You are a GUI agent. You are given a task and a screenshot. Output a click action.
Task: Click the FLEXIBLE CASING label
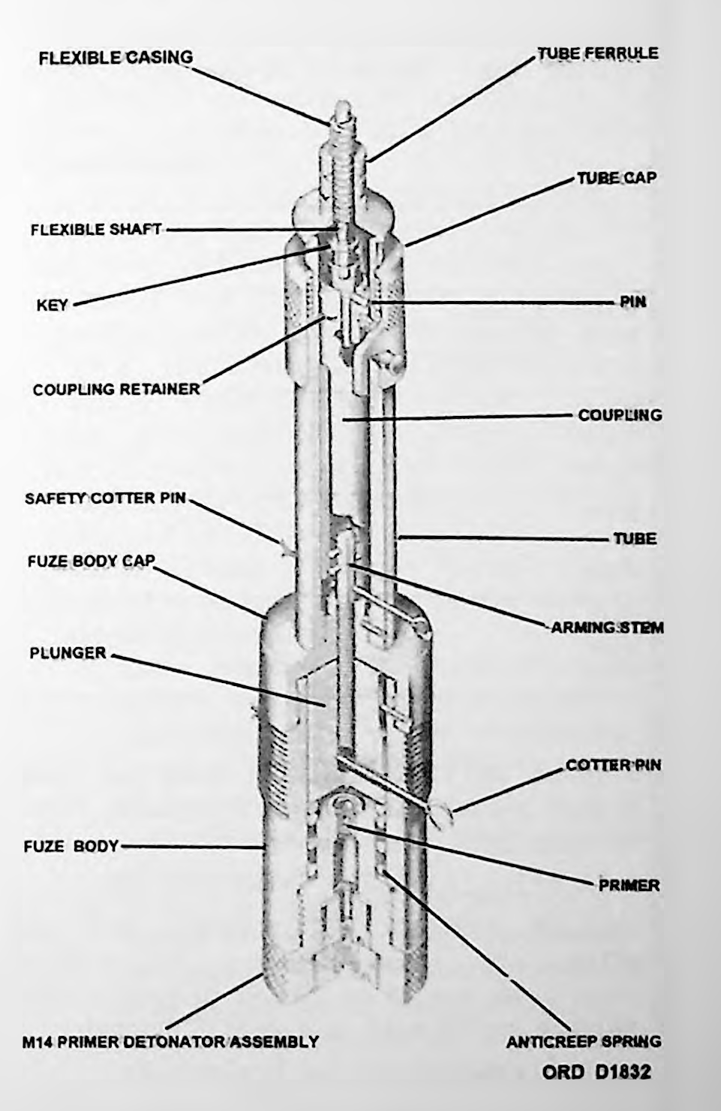click(116, 58)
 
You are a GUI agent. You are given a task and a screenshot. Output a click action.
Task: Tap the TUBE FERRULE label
click(598, 53)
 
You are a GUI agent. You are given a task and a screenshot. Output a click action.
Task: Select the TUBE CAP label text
click(617, 178)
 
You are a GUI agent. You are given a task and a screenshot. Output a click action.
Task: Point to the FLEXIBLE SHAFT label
click(96, 230)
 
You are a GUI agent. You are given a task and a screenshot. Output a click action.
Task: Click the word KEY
click(52, 305)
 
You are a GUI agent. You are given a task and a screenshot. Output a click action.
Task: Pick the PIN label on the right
click(632, 302)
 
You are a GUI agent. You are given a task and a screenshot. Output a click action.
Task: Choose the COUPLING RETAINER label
click(116, 390)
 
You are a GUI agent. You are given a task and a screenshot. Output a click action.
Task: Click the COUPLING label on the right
click(620, 414)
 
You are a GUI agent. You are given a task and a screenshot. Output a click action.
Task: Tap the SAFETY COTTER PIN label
click(106, 498)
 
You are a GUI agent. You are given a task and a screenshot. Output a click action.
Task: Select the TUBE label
click(635, 538)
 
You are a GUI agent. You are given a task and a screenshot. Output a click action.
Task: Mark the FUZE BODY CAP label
click(92, 561)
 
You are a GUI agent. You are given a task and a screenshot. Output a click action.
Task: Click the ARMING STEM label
click(608, 628)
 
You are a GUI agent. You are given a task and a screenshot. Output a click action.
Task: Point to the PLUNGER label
click(68, 653)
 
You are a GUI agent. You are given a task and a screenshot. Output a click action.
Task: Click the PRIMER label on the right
click(629, 885)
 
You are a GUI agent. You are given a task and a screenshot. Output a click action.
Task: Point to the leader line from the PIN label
click(494, 302)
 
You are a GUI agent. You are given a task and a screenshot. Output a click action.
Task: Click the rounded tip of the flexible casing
click(343, 108)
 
